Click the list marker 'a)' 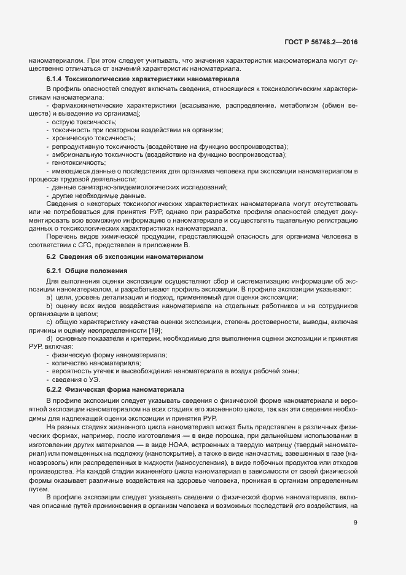(49, 297)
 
